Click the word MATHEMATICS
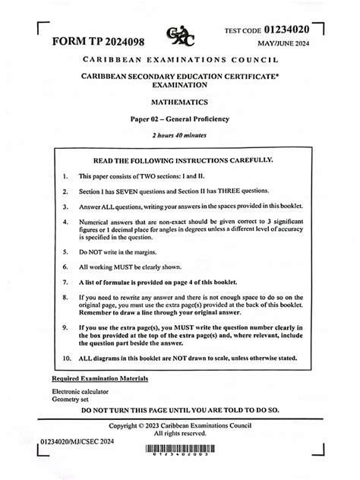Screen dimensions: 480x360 click(x=180, y=101)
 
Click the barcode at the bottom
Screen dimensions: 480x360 click(x=180, y=449)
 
